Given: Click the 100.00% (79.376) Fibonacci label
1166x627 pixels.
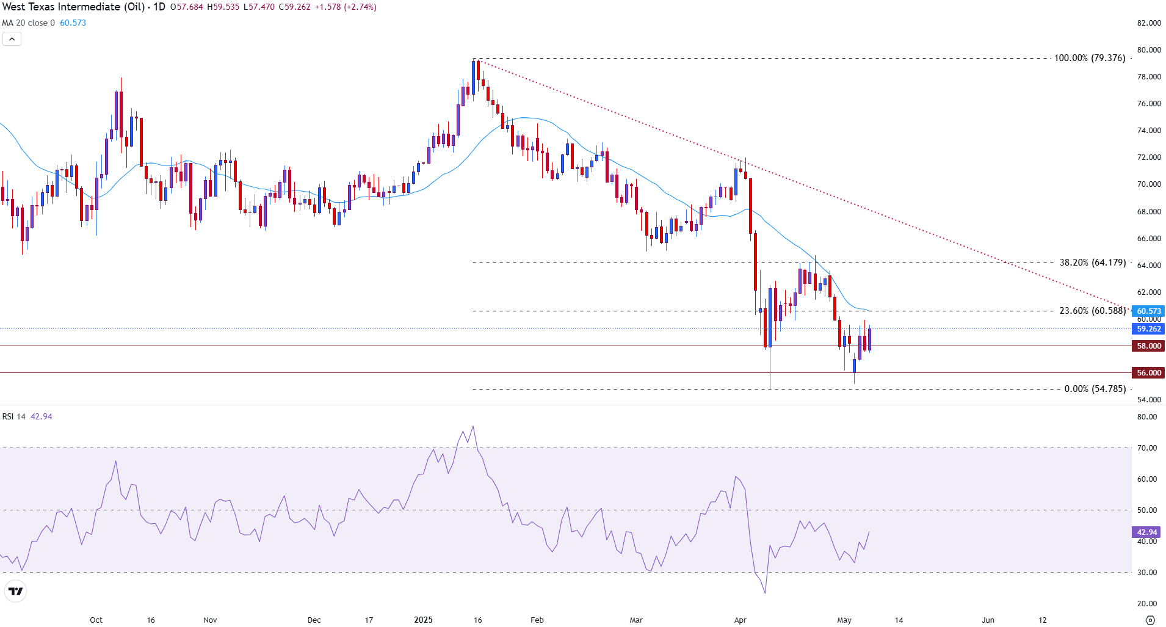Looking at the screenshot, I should [x=1090, y=58].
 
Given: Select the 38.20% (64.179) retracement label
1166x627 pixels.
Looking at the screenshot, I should [x=1092, y=263].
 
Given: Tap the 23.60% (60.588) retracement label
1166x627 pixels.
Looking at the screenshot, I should [x=1092, y=311].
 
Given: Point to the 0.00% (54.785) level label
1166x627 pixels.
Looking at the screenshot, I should [x=1095, y=389].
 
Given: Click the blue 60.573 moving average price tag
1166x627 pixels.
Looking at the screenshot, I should [x=1148, y=311].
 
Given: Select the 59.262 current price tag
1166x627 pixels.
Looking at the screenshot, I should [x=1148, y=329].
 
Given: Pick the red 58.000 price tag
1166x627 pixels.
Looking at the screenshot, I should [x=1148, y=346].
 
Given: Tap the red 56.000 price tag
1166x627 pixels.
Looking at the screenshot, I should [x=1148, y=373].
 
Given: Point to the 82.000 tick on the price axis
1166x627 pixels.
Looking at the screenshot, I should [x=1149, y=23].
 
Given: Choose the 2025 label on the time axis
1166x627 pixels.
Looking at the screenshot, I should [x=423, y=620].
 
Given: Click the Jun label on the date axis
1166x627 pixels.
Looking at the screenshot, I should [x=988, y=620].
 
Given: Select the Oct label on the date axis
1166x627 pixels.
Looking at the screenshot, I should [x=96, y=620].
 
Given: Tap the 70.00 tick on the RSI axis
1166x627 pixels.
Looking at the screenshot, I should [x=1147, y=448].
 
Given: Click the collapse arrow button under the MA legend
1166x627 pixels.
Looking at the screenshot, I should [x=12, y=39].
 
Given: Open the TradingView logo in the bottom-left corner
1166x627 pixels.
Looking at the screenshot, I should [x=15, y=591].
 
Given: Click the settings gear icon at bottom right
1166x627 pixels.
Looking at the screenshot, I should [x=1150, y=620].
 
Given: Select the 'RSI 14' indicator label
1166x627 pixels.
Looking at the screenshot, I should [x=14, y=416].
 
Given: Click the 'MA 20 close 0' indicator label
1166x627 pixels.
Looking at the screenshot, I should [x=28, y=23].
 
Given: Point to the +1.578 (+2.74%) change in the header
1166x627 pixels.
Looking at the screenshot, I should [x=345, y=7].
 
